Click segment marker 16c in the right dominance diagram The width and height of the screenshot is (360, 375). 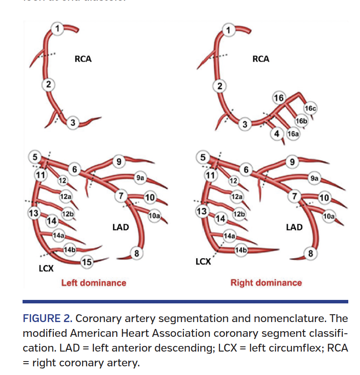[311, 109]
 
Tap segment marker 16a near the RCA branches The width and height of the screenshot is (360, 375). [293, 134]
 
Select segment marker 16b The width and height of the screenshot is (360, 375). [301, 121]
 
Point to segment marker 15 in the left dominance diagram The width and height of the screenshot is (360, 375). [87, 261]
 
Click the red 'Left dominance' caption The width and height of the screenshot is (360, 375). [94, 283]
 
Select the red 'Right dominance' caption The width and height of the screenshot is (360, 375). [266, 283]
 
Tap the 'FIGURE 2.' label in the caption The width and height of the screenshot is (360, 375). [47, 318]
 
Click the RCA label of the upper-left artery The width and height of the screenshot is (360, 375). [83, 59]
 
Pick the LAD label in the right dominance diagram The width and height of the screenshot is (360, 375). [294, 227]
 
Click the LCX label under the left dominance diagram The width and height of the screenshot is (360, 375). [46, 269]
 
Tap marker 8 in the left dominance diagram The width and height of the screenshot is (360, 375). [137, 253]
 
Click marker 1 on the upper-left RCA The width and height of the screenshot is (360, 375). [57, 29]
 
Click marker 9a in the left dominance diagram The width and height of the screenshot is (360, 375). [140, 178]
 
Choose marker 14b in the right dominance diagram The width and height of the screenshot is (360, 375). [241, 250]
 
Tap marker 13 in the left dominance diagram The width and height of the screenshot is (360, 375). [33, 213]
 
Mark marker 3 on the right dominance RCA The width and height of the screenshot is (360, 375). [245, 125]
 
